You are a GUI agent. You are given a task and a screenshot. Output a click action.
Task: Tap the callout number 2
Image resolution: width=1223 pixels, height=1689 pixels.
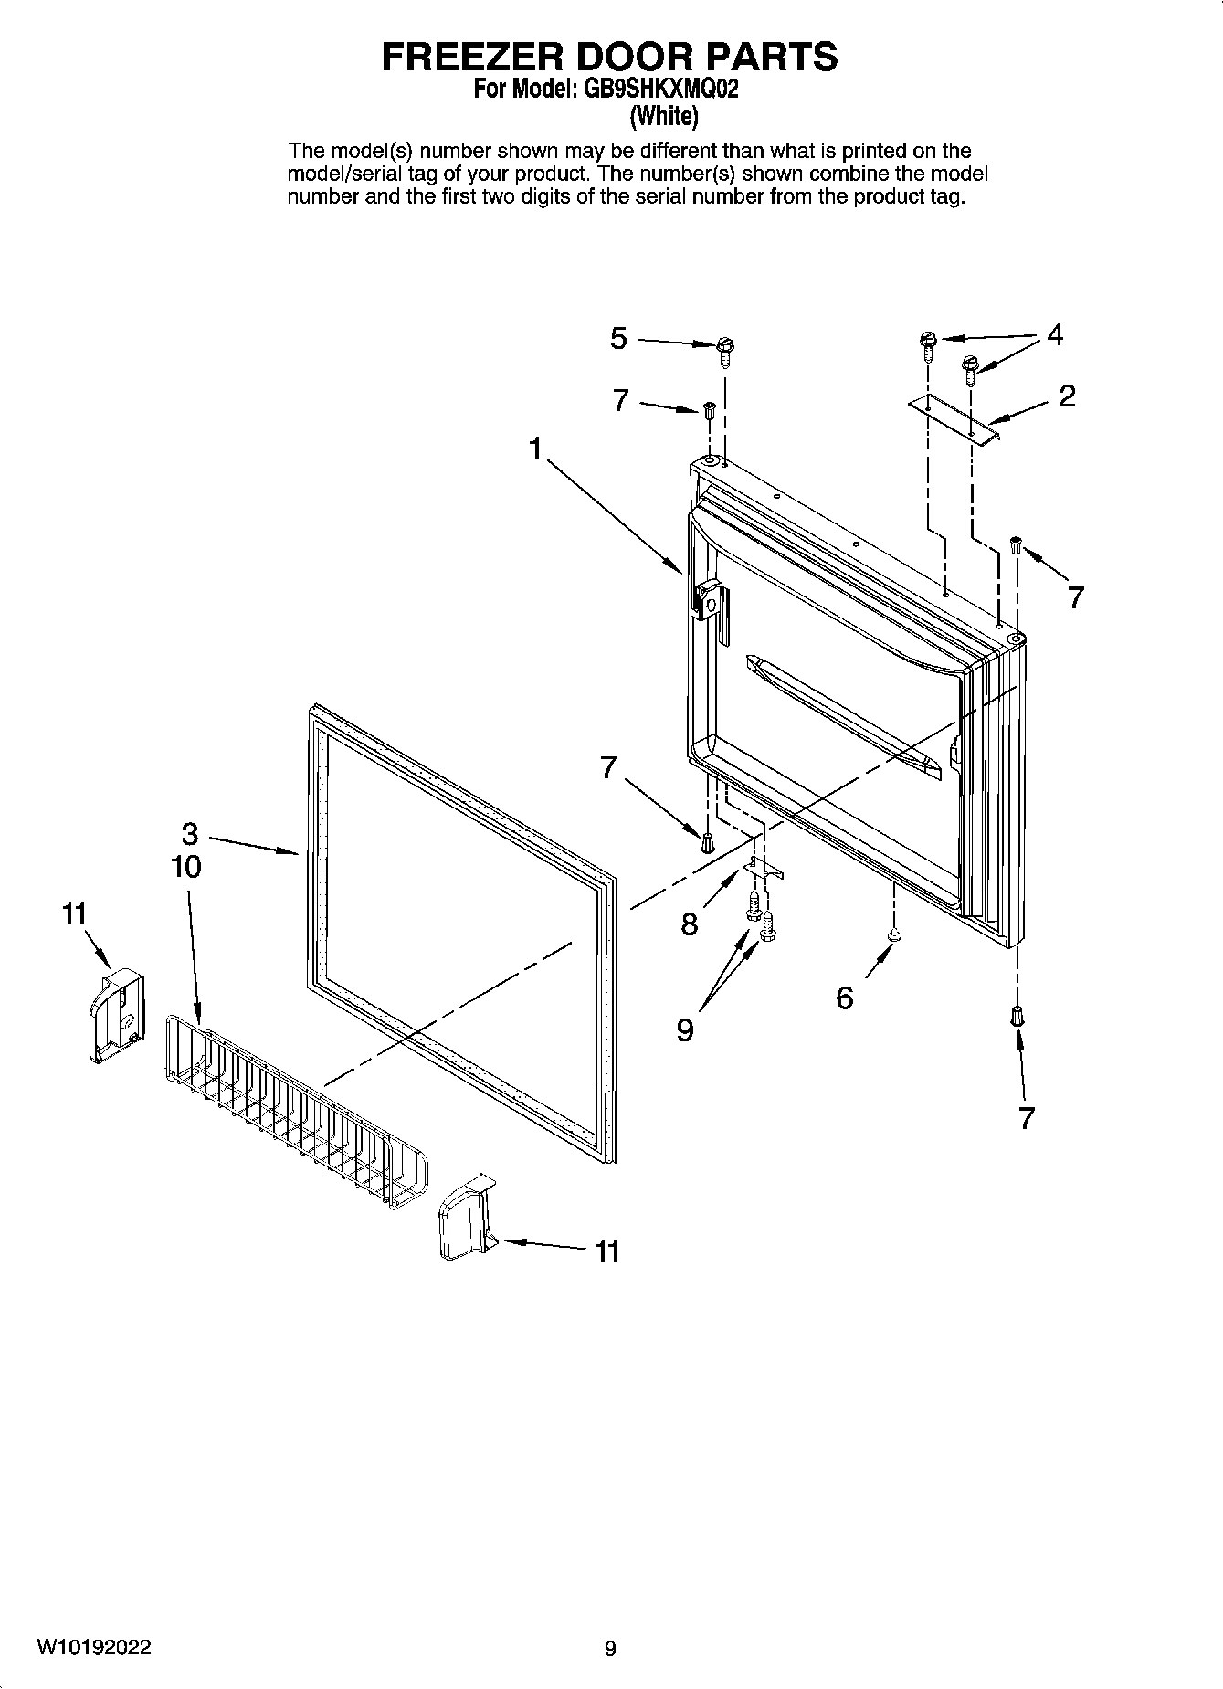click(1066, 396)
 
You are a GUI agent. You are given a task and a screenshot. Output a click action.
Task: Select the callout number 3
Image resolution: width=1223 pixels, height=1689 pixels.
click(190, 834)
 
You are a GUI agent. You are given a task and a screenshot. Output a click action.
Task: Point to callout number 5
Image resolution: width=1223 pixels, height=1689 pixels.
click(619, 339)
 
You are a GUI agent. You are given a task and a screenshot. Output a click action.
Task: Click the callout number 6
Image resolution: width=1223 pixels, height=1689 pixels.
click(845, 998)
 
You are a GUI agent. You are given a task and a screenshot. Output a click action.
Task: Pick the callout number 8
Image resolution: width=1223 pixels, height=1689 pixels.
click(690, 924)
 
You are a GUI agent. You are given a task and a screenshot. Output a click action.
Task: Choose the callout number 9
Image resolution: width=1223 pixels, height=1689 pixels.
click(685, 1029)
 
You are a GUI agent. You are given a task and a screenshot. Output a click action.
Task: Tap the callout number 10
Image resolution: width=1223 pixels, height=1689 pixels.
click(186, 866)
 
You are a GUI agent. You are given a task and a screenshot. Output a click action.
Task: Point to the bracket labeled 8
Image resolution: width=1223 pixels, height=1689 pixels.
click(764, 869)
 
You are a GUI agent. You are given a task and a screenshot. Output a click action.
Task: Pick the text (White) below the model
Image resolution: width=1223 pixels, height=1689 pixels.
click(664, 116)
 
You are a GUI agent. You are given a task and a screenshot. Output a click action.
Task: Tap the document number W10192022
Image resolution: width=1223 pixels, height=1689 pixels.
click(94, 1647)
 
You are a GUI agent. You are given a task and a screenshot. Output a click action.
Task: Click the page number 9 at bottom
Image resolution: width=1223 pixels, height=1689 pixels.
click(610, 1648)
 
